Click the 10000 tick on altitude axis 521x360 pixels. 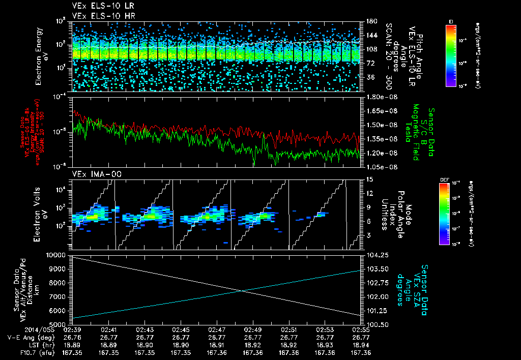[57, 255]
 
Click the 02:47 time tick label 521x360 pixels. [217, 329]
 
